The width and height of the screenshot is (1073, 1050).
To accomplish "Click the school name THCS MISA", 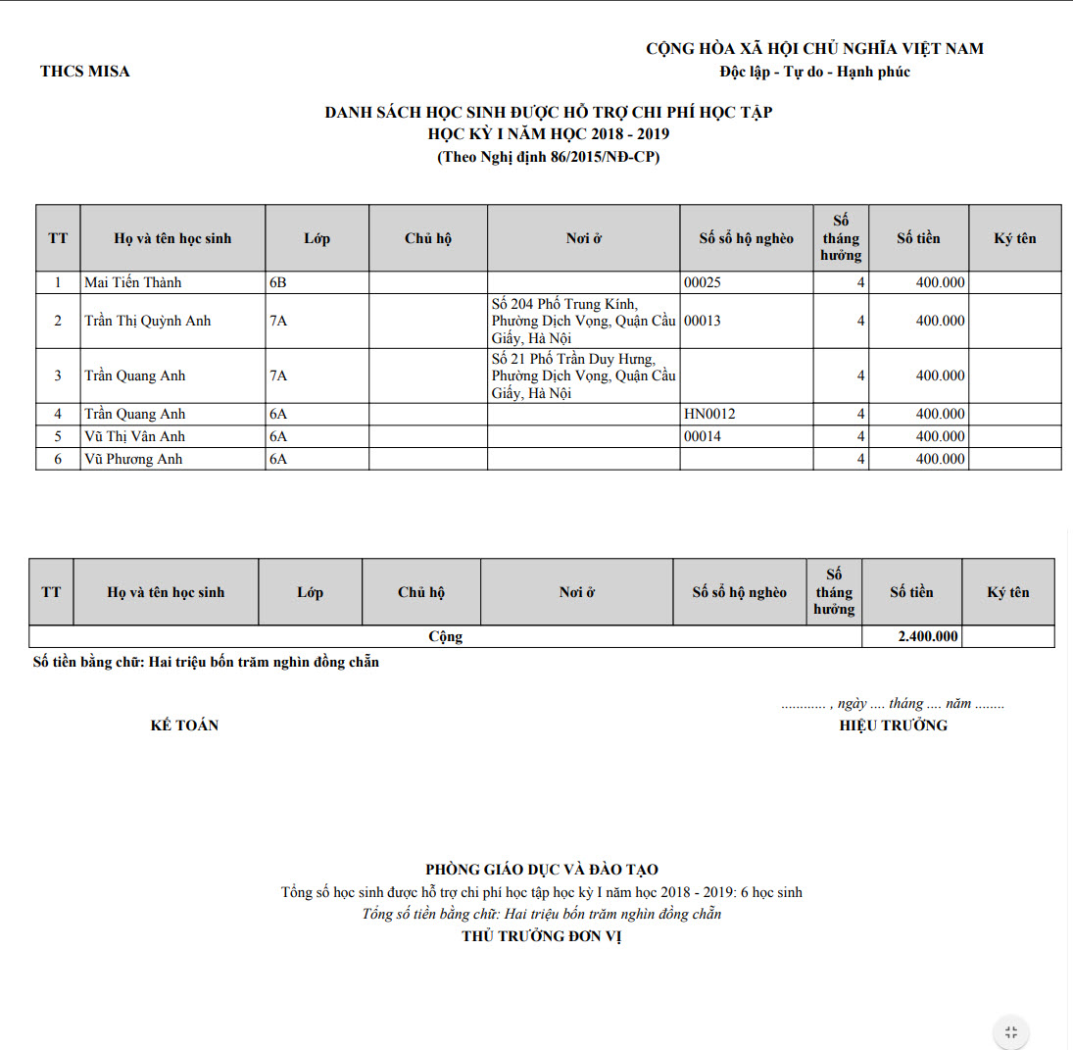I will pos(85,71).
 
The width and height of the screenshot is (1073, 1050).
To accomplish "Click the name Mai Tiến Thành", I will pos(133,282).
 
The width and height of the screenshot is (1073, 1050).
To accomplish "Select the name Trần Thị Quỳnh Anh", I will pos(147,321).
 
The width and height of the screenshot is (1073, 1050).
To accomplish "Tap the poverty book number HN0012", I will pos(709,414).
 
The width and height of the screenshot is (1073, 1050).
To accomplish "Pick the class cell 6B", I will pos(278,282).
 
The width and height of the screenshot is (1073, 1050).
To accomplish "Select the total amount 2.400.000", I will pos(928,636).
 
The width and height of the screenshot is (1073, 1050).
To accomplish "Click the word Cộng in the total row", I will pos(445,636).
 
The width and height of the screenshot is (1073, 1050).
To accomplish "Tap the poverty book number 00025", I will pos(703,282).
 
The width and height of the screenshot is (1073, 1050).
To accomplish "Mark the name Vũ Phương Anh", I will pos(133,459).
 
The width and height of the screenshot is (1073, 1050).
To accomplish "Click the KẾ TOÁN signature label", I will pos(184,725).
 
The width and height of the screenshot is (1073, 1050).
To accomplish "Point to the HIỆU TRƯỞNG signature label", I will pos(893,725).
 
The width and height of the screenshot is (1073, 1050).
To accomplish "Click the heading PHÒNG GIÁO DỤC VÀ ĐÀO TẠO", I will pos(542,869).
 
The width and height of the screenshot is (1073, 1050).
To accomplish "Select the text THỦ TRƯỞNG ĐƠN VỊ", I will pos(542,936).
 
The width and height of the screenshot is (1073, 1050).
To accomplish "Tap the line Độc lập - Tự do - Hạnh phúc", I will pos(814,72).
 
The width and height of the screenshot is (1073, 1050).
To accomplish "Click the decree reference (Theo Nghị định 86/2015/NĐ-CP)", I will pos(548,157).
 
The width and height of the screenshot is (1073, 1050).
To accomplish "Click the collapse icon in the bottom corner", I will pos(1011,1031).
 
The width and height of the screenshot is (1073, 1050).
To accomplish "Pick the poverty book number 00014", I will pos(703,436).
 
